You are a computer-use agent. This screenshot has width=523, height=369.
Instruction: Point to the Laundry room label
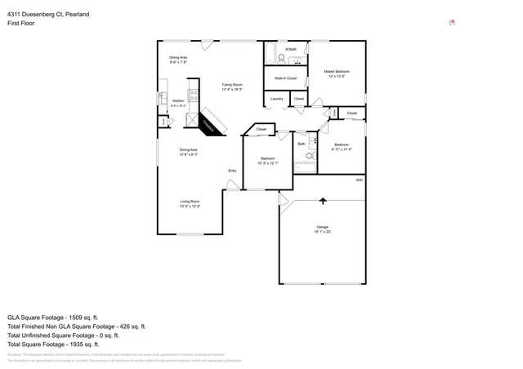tap(276, 99)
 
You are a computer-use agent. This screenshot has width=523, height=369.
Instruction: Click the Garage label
tap(322, 226)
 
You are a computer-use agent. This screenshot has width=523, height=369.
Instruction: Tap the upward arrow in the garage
tap(323, 200)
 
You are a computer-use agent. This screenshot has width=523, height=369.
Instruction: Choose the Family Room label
tap(232, 84)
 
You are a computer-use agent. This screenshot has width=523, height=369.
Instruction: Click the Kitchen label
tap(177, 101)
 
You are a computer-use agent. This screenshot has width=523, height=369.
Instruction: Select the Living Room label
tap(190, 201)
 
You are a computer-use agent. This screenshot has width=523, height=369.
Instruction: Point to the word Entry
tap(232, 171)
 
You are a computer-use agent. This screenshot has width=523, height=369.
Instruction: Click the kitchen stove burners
tap(194, 94)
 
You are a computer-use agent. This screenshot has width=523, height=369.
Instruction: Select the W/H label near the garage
tap(359, 180)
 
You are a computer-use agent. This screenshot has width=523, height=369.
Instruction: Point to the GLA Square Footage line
tap(52, 317)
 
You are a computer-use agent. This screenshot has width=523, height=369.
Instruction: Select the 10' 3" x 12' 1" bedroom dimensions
tap(267, 163)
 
